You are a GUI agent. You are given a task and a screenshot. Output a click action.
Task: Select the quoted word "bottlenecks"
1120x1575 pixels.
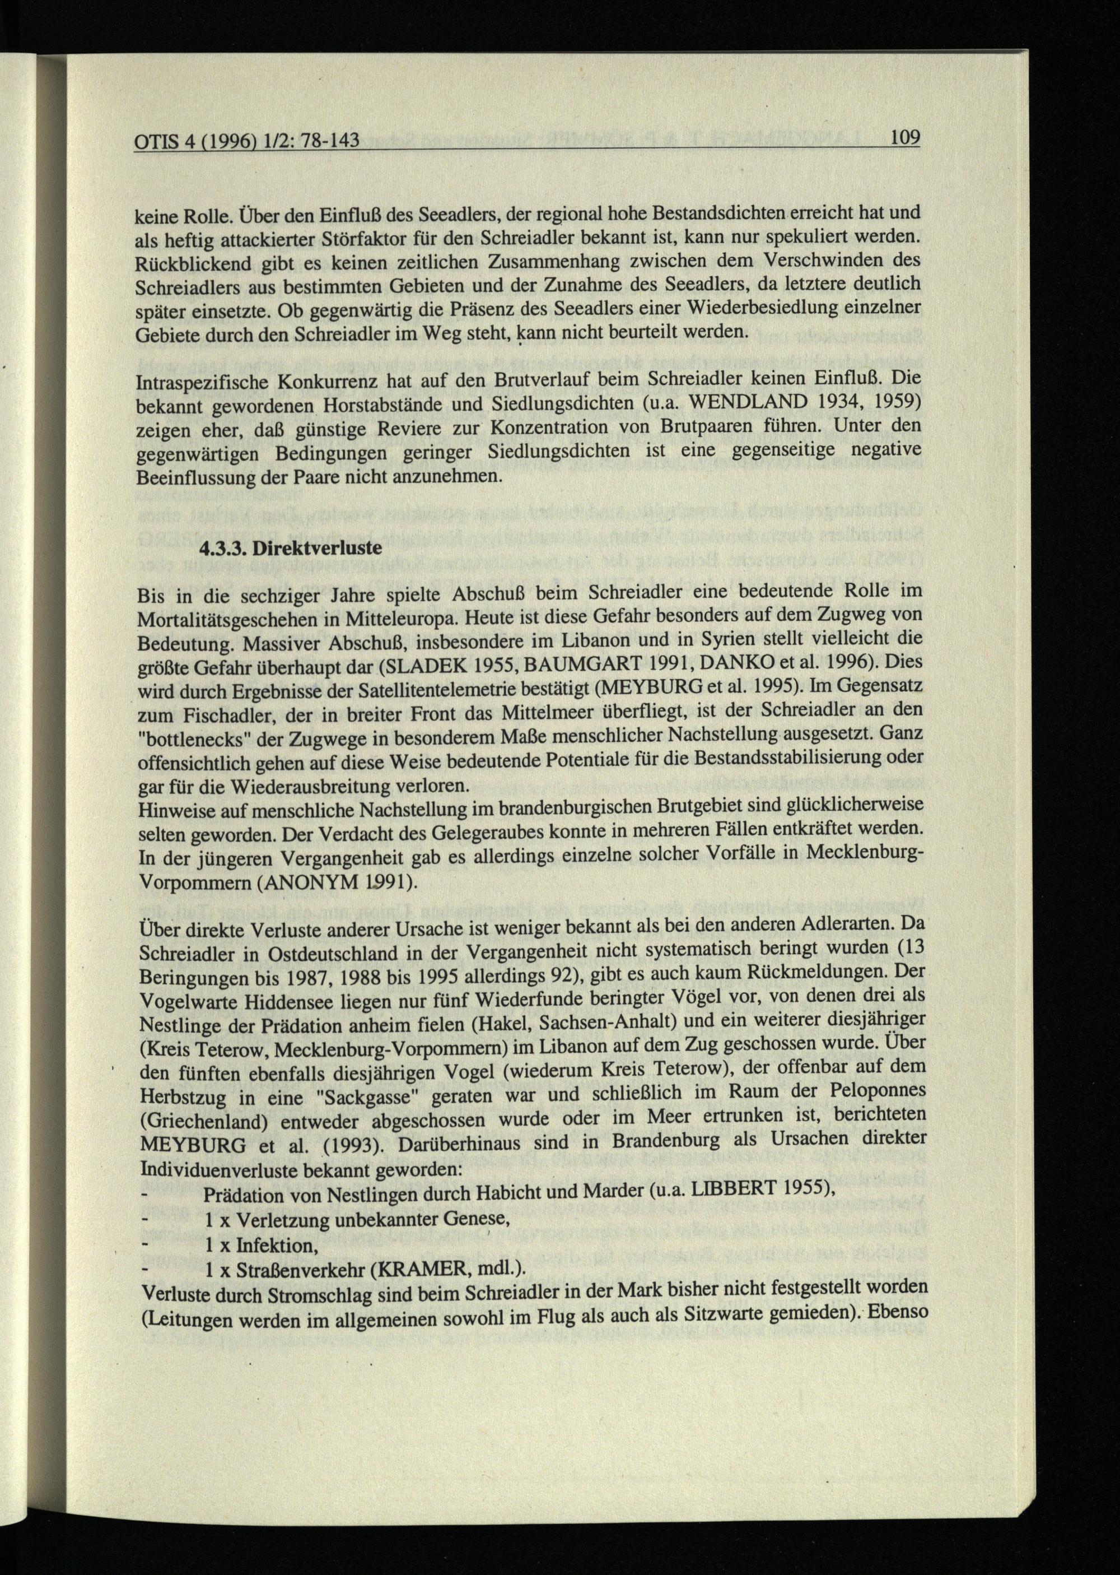pos(197,737)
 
